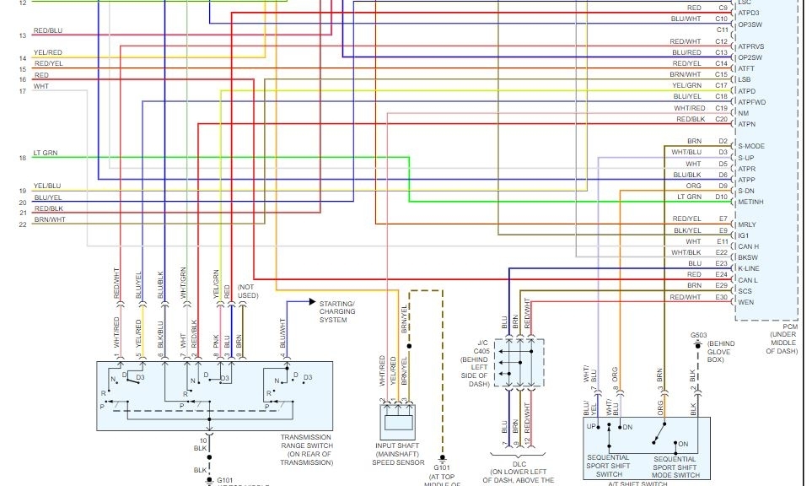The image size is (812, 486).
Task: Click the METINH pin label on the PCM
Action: [751, 202]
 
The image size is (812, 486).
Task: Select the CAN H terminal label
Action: [748, 246]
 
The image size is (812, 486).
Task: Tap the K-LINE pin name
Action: [749, 268]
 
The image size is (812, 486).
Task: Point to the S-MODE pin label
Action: [750, 146]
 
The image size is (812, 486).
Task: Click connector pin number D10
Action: [721, 197]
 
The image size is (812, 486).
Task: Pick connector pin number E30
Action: [721, 297]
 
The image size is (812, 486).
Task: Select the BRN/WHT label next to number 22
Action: [49, 219]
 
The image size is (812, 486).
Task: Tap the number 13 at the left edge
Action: [23, 35]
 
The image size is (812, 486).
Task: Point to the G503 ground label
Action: [698, 335]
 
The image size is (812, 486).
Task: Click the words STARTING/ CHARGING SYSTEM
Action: [337, 311]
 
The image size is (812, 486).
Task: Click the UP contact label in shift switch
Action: [592, 427]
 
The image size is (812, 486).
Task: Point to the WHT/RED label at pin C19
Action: [689, 108]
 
